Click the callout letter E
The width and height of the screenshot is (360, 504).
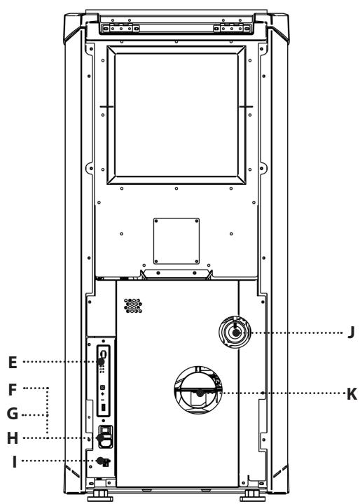[x=13, y=363]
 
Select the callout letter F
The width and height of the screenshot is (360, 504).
[x=12, y=390]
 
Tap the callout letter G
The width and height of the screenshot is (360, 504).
[x=13, y=414]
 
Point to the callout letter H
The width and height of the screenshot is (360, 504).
[x=13, y=438]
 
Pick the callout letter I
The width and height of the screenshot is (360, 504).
[x=14, y=462]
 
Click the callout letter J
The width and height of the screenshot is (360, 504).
[x=352, y=332]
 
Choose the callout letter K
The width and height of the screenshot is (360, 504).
[x=352, y=393]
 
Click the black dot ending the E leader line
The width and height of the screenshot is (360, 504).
[x=101, y=362]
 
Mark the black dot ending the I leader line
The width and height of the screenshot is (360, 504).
[x=100, y=461]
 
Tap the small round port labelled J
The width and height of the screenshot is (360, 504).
[x=235, y=332]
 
